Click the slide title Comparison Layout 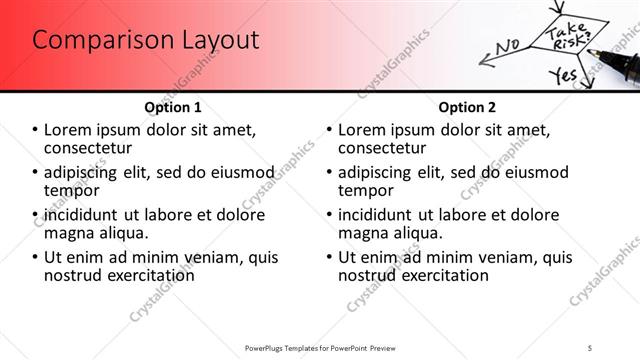tap(145, 41)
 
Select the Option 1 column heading tap(172, 107)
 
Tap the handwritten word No tap(507, 45)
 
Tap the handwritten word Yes tap(564, 75)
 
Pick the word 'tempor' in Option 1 tap(72, 190)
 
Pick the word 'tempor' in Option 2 tap(366, 190)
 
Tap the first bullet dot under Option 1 tap(36, 131)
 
